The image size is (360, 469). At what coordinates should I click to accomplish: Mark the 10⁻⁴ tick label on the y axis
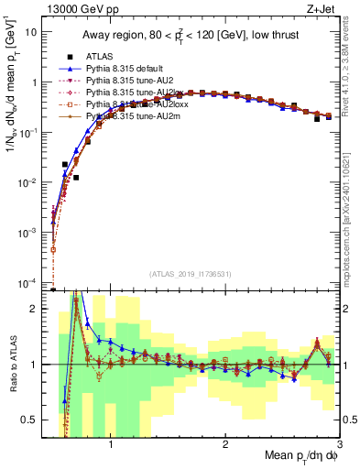(x=30, y=283)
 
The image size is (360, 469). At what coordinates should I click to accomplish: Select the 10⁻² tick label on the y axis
(x=30, y=182)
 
